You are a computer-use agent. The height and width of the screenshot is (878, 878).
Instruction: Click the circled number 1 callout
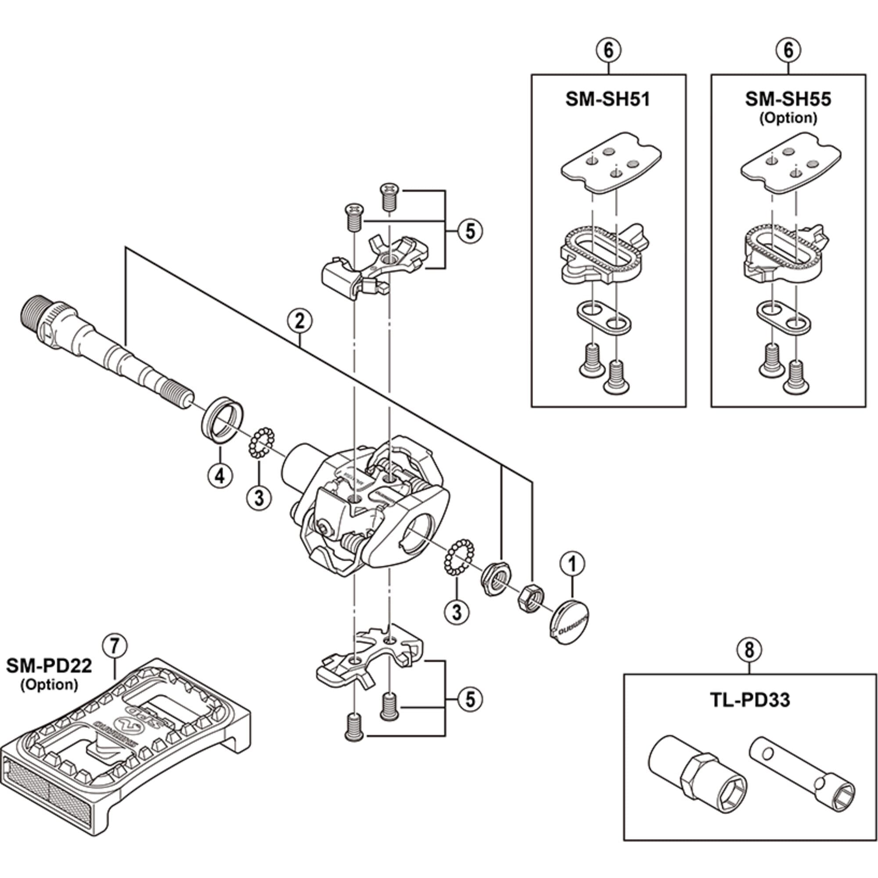[572, 564]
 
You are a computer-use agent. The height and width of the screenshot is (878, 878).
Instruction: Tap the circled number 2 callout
[299, 321]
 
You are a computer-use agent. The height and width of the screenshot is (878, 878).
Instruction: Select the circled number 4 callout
[220, 476]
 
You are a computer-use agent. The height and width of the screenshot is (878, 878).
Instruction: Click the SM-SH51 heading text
[608, 100]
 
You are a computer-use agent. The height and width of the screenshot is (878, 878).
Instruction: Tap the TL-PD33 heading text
[749, 700]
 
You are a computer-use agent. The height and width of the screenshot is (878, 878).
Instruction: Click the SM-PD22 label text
[49, 666]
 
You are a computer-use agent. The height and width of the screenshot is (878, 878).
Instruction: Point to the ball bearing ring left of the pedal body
[259, 442]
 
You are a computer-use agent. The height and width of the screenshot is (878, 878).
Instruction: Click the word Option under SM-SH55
[788, 118]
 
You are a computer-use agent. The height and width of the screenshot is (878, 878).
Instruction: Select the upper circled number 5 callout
[470, 231]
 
